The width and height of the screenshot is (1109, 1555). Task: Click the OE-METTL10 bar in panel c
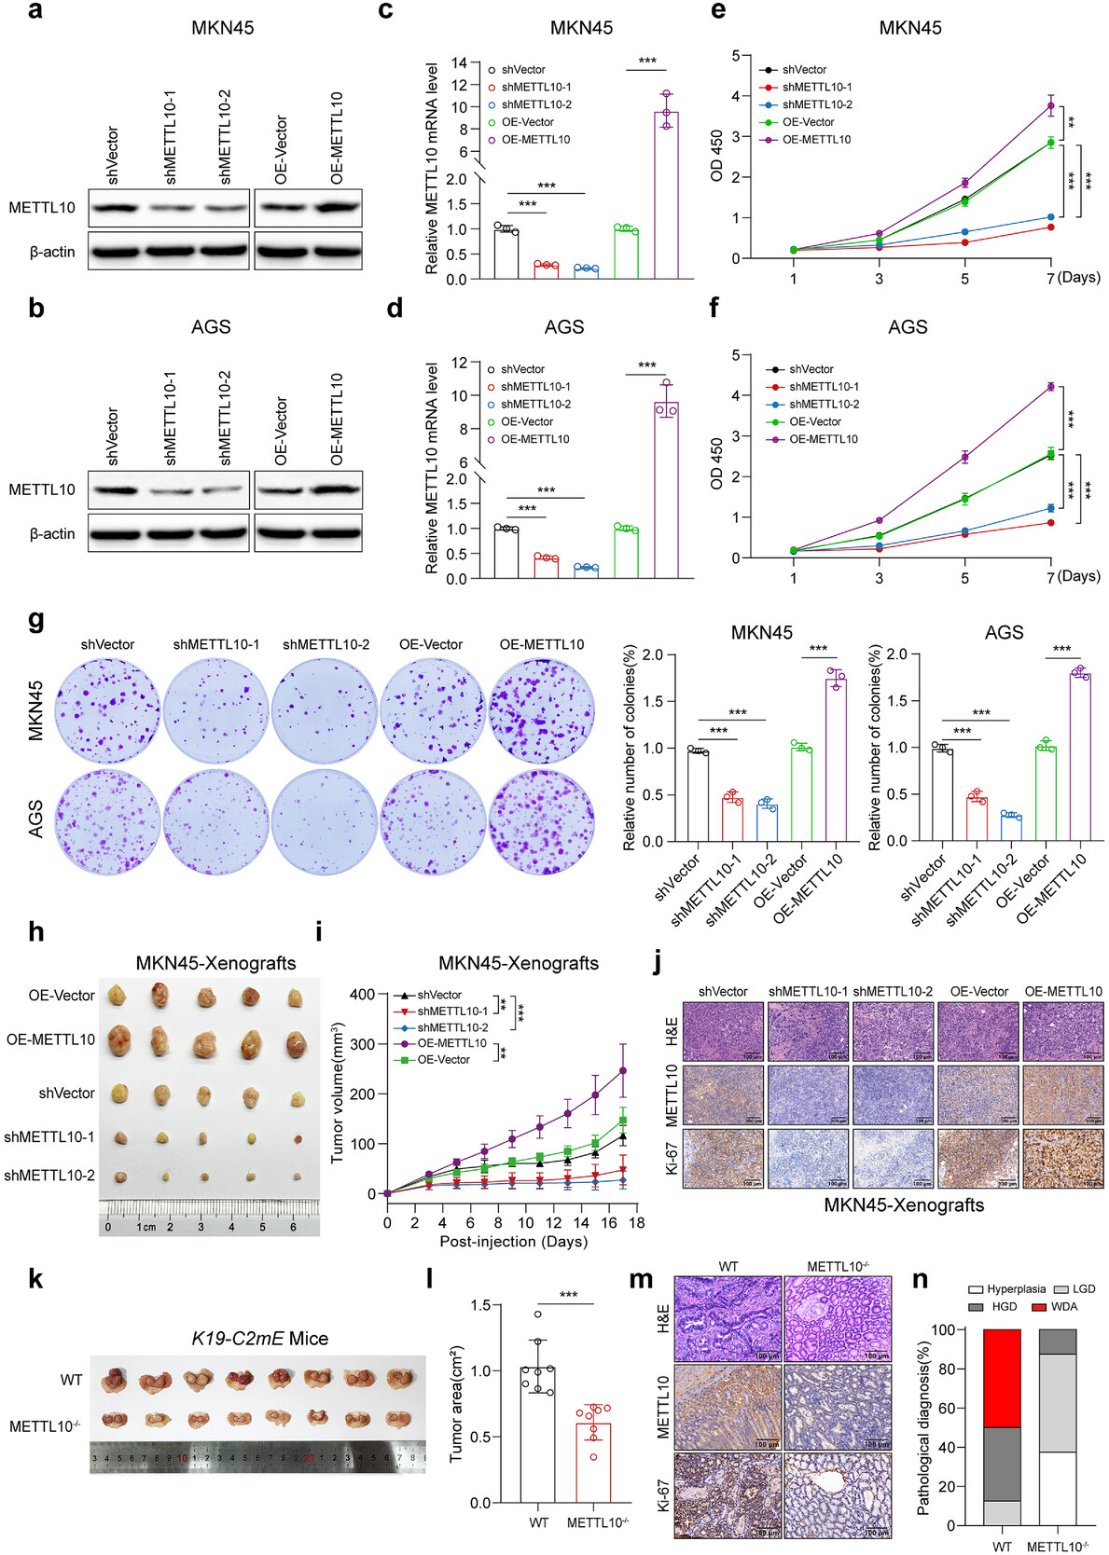coord(666,196)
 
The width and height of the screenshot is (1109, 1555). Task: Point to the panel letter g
coord(36,620)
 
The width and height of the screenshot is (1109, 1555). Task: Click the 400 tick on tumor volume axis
coord(363,995)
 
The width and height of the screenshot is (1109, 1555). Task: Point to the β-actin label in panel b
coord(52,534)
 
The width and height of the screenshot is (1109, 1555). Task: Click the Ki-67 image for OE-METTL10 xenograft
coord(1061,1159)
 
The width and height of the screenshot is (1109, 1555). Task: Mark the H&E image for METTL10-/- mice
coord(837,1318)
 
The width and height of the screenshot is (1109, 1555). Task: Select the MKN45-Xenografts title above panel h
coord(215,963)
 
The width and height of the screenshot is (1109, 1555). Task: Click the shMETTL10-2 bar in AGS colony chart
coord(1011,827)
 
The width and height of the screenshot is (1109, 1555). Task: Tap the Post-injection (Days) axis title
coord(513,1242)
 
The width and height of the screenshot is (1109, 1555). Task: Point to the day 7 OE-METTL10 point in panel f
coord(1050,387)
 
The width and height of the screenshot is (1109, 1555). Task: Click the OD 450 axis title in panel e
coord(716,156)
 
